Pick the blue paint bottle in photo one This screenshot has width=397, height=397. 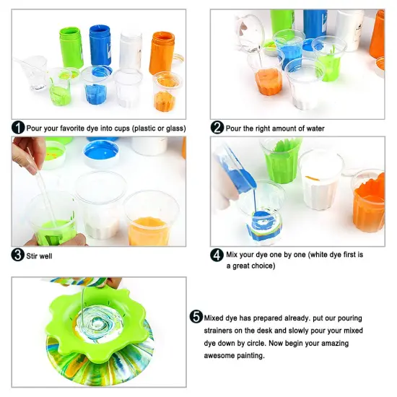click(x=100, y=45)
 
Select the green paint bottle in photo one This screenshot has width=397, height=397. click(x=71, y=48)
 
